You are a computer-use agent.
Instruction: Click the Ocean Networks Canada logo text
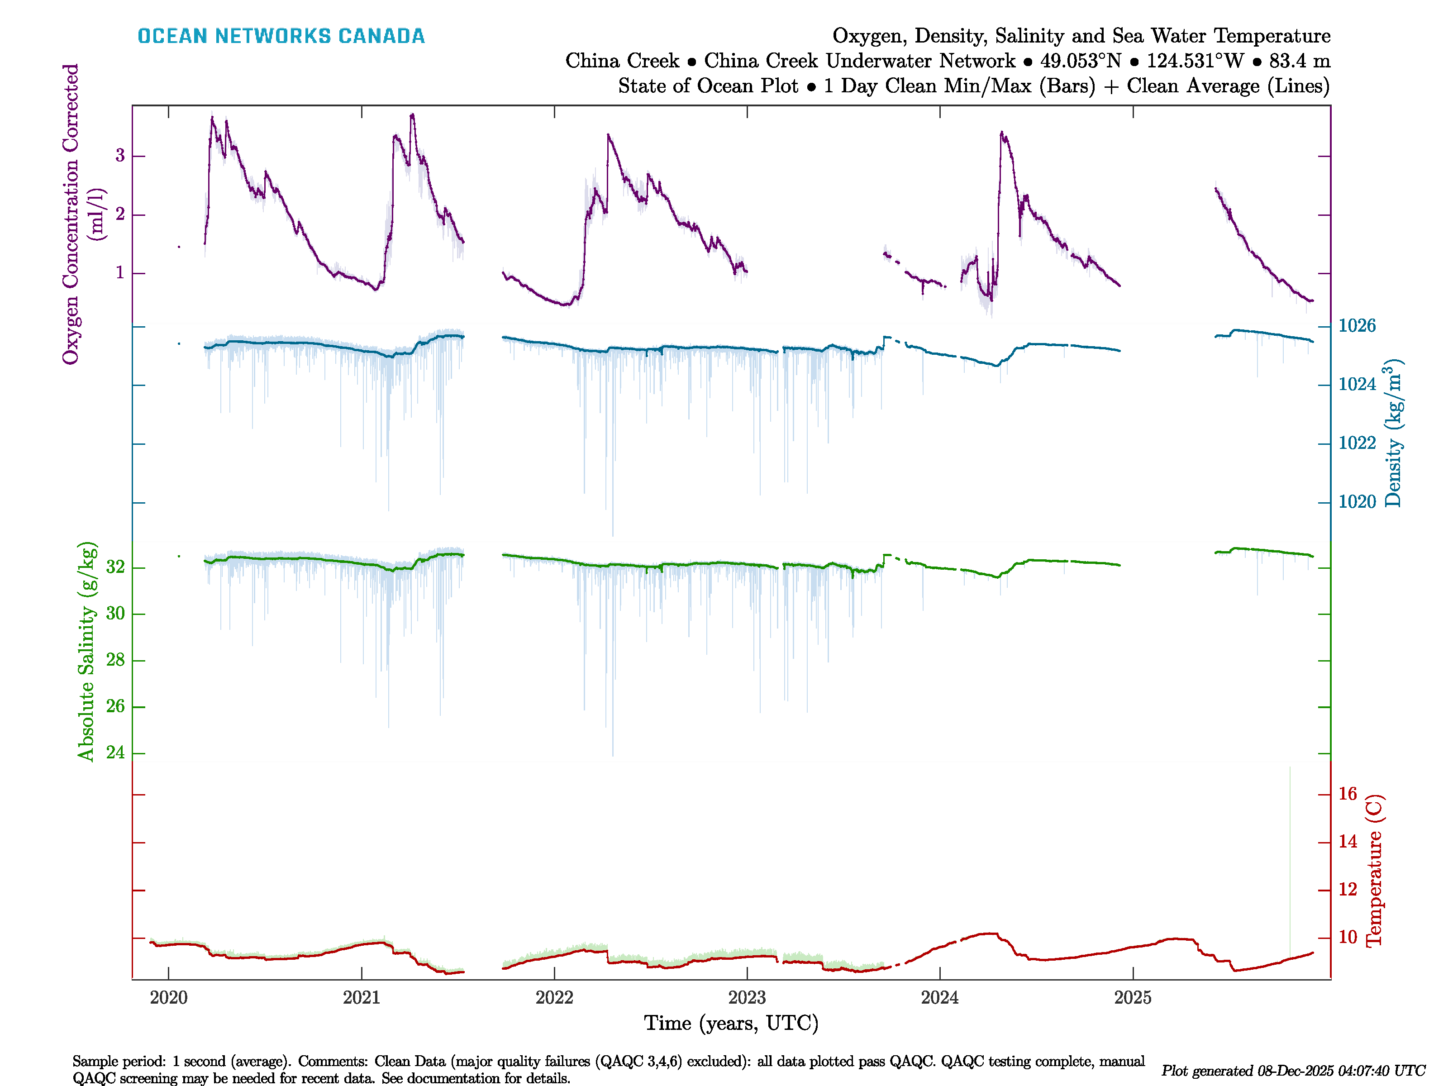(281, 36)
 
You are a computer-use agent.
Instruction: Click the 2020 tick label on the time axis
(168, 998)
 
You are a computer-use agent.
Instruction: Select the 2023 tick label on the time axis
(747, 998)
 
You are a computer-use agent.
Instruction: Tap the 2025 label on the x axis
(1133, 998)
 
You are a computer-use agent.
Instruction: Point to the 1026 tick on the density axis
(1356, 325)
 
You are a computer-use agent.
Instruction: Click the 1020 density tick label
(1356, 501)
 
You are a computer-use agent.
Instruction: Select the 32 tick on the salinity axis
(115, 567)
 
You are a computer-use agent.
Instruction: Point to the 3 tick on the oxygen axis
(120, 156)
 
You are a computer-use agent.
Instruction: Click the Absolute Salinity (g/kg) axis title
(86, 651)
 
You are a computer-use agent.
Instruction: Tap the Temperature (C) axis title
(1374, 871)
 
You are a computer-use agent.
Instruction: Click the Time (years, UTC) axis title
(731, 1023)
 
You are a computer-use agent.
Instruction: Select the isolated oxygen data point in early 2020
(179, 247)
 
